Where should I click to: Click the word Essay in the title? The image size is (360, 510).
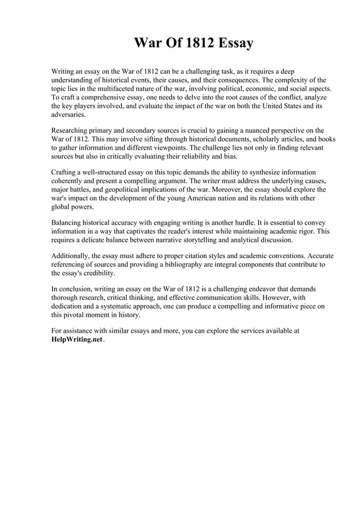pos(232,43)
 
